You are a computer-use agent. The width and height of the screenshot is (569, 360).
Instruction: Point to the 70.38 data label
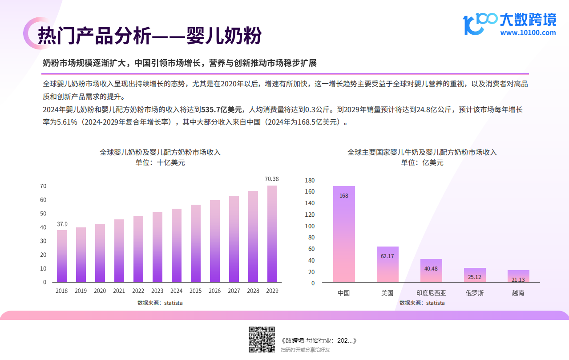point(272,179)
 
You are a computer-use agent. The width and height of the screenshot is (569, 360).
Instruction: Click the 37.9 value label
point(62,224)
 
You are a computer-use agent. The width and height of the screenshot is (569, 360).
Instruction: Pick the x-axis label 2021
point(119,291)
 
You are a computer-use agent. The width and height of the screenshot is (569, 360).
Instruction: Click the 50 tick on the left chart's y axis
point(43,214)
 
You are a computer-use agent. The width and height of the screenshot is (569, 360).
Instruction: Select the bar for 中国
point(344,234)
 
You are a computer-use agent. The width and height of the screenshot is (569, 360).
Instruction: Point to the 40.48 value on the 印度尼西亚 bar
point(431,268)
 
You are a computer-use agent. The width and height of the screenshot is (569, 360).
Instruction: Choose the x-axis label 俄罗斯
point(475,293)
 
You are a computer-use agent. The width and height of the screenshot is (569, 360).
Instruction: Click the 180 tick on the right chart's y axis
point(310,180)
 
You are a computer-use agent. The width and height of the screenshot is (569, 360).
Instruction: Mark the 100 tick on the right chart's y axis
point(310,226)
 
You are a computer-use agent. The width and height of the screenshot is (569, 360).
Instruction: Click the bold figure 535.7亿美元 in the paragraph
point(222,109)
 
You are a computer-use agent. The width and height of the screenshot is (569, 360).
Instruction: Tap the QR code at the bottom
point(262,340)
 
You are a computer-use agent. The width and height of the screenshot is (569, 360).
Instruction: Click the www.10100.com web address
point(528,32)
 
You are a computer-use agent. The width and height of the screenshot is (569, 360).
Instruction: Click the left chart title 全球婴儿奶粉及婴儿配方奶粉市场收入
point(160,152)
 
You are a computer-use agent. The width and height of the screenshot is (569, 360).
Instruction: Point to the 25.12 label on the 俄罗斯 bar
point(475,277)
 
